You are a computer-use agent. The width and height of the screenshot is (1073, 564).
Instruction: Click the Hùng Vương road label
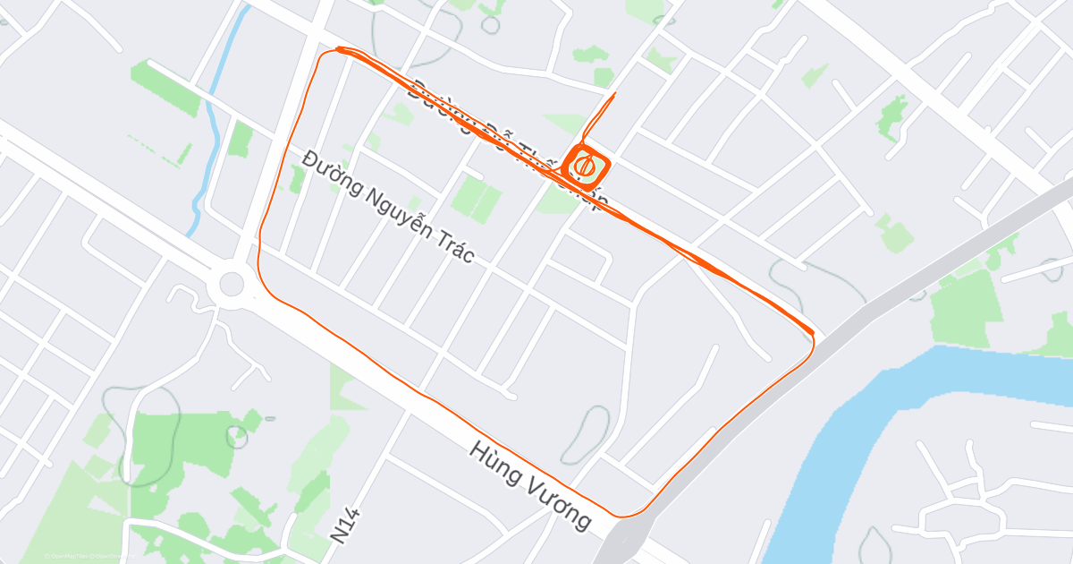[529, 485]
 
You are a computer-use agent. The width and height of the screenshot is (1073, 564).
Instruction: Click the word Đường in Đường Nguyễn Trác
[330, 175]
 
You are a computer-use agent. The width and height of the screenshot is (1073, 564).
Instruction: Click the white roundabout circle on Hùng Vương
[231, 285]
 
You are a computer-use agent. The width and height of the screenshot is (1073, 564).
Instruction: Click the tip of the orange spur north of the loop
[615, 93]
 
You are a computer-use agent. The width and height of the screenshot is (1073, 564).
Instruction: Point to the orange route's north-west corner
[338, 50]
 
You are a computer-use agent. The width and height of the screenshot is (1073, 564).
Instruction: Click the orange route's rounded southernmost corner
[626, 515]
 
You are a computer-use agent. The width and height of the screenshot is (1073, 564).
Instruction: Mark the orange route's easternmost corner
[813, 337]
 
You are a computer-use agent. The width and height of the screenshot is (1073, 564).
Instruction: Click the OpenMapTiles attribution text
[66, 557]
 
